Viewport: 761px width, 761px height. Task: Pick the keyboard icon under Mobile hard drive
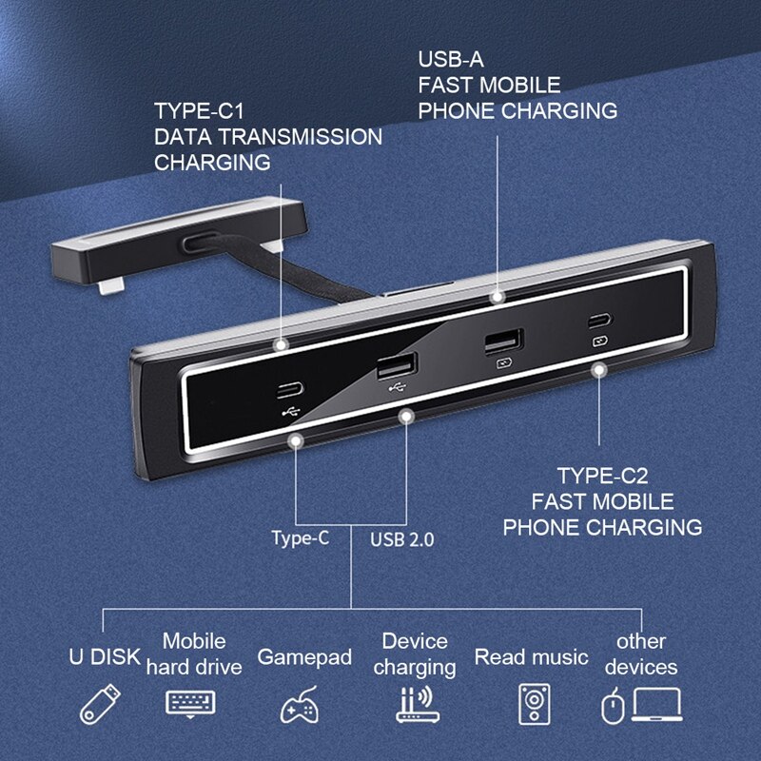click(x=191, y=703)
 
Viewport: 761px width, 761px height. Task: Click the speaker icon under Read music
click(x=533, y=705)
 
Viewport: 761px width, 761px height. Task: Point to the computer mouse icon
click(x=612, y=707)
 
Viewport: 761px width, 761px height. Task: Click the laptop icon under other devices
click(x=657, y=705)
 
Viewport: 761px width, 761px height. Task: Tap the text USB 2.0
click(x=401, y=540)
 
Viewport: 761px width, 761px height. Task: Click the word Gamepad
click(x=304, y=657)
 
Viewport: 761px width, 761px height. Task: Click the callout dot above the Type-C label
click(x=299, y=440)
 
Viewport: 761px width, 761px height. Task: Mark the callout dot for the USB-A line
click(x=497, y=297)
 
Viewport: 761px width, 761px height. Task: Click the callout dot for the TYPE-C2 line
click(x=599, y=368)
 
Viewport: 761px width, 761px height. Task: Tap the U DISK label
click(x=105, y=657)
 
